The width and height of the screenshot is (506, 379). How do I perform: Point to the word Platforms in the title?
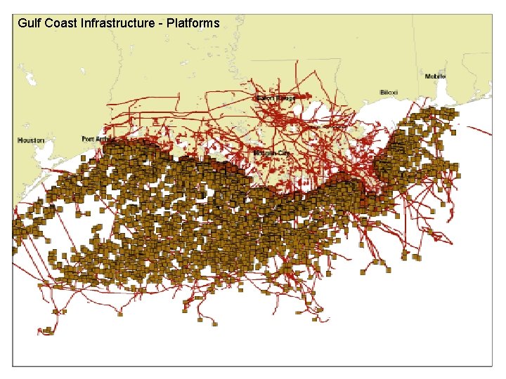193,23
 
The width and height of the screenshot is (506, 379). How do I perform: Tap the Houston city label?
31,140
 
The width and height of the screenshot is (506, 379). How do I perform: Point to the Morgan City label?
271,152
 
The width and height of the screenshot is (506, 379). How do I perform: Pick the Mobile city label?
434,76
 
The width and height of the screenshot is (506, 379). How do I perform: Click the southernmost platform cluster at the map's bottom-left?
48,330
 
